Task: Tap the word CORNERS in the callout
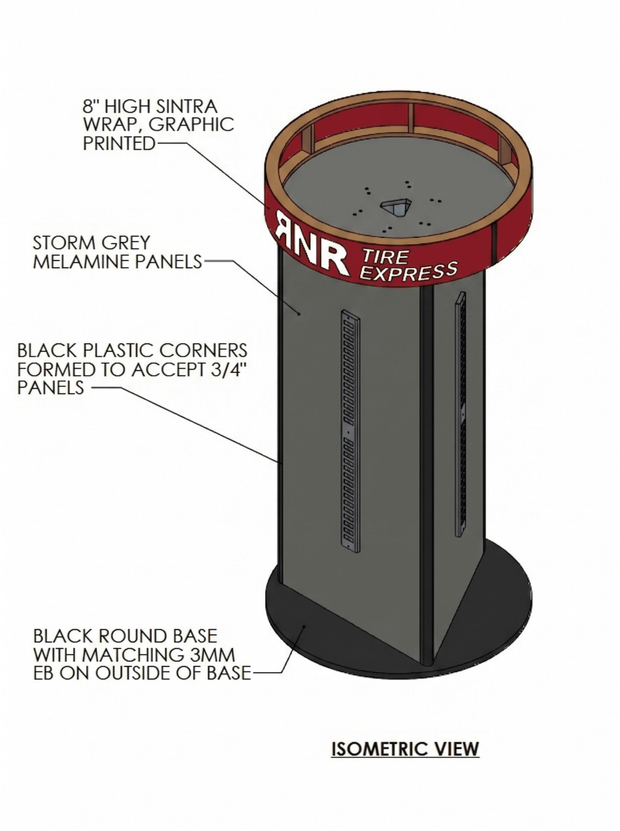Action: coord(204,350)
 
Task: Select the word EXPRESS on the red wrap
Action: coord(409,272)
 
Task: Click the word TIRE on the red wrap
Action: coord(386,258)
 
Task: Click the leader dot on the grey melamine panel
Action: coord(299,313)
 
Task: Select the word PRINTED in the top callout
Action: coord(119,143)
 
